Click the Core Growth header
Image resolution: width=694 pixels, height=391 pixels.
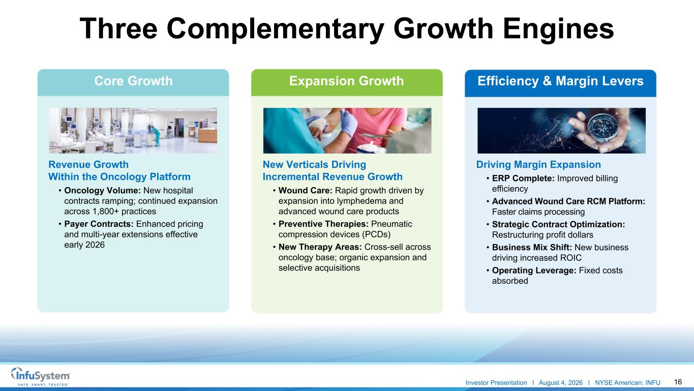[x=133, y=81]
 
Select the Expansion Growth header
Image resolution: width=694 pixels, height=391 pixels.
[x=346, y=81]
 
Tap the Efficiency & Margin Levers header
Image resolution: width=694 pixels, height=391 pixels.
[x=560, y=81]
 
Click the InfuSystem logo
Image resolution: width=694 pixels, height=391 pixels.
[x=41, y=376]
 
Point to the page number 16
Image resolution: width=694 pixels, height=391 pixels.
[x=678, y=382]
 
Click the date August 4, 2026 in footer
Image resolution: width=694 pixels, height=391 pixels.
[x=561, y=383]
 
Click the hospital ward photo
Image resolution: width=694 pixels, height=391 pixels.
[x=133, y=131]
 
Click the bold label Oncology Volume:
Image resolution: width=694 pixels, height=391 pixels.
[x=103, y=191]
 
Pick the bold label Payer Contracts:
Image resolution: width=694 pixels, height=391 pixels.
[x=99, y=224]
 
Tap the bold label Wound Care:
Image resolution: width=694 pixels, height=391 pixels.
[x=305, y=191]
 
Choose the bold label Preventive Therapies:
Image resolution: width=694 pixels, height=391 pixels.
[x=323, y=224]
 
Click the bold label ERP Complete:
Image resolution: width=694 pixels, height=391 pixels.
[x=523, y=178]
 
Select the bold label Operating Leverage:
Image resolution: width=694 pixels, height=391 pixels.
[x=534, y=270]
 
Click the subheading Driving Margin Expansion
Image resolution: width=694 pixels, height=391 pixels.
[x=538, y=165]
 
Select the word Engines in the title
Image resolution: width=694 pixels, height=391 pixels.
[x=558, y=28]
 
